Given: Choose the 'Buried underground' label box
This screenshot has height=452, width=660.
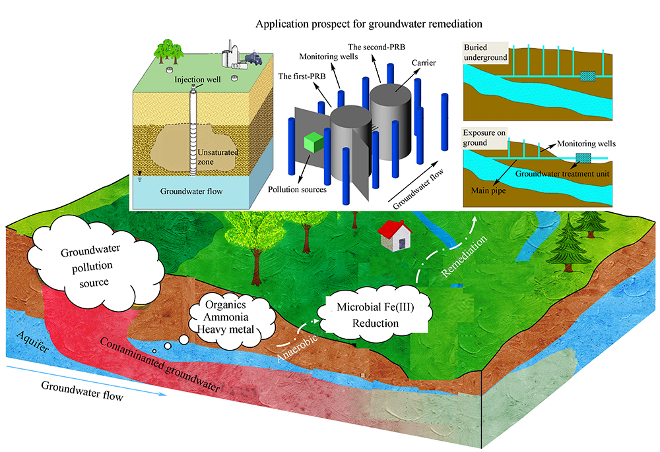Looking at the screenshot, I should [x=486, y=52].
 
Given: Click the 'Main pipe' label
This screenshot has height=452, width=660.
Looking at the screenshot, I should [x=492, y=192].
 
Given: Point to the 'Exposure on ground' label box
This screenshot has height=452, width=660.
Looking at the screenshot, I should [x=485, y=138].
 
